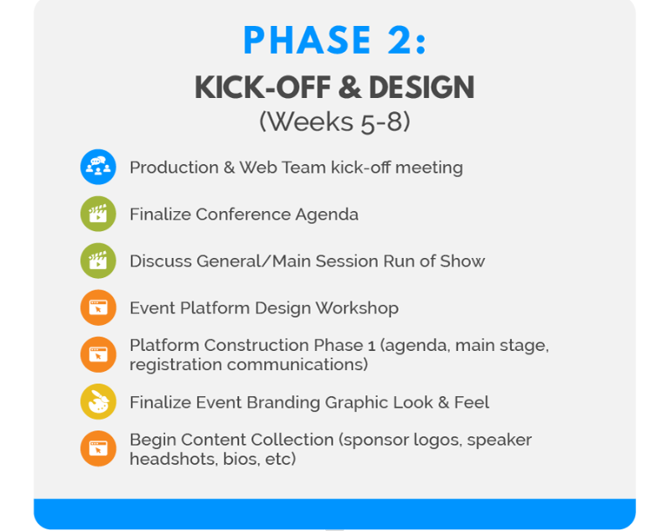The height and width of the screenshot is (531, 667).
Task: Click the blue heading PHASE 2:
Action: click(x=334, y=41)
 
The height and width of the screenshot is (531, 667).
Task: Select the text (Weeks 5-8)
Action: click(x=334, y=121)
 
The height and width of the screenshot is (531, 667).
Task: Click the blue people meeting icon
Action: click(x=98, y=167)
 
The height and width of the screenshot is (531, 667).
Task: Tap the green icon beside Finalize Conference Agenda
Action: click(x=98, y=214)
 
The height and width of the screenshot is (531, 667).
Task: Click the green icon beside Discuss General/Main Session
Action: click(x=98, y=260)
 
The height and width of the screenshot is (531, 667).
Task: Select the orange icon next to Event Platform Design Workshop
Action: click(x=98, y=307)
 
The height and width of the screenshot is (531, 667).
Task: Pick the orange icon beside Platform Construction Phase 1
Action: click(x=98, y=354)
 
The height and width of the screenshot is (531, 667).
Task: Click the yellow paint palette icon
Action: click(x=98, y=402)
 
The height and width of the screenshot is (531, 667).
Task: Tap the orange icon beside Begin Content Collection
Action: click(x=98, y=449)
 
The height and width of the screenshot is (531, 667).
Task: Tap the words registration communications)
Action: click(x=248, y=365)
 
